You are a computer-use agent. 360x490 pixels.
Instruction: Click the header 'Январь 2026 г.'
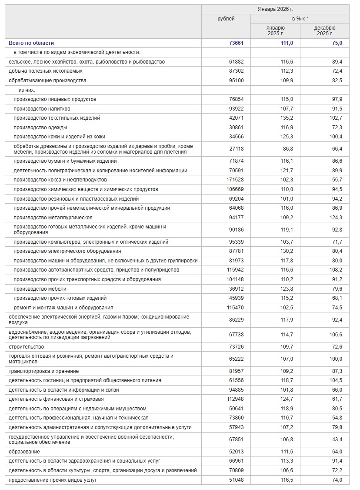[275, 9]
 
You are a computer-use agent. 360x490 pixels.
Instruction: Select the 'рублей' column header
[226, 19]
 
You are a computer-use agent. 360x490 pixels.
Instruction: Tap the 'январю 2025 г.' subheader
[275, 30]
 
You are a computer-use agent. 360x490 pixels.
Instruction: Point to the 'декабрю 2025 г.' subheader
[324, 30]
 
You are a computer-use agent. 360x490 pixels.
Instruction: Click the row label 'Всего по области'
[31, 43]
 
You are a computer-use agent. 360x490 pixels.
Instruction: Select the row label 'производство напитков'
[42, 109]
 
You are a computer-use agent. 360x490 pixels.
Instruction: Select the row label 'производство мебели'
[40, 289]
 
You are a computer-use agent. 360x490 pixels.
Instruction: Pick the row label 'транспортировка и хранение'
[43, 371]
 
